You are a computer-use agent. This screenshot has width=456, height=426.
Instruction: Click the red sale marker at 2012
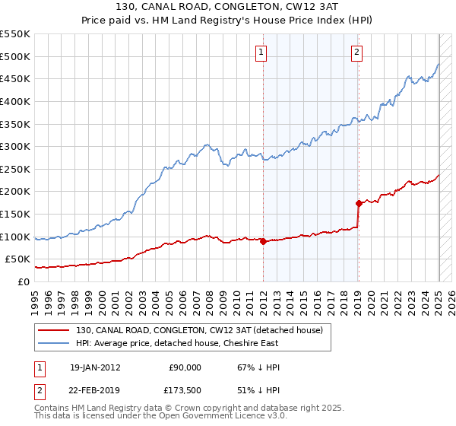(263, 241)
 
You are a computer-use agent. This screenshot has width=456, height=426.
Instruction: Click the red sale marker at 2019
(359, 203)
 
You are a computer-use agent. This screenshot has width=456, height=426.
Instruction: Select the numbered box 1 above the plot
(261, 52)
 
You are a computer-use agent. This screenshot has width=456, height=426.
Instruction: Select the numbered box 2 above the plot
(356, 52)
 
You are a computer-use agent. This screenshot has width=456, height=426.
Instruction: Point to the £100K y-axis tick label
(15, 237)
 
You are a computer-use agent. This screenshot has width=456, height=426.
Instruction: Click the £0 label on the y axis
(24, 281)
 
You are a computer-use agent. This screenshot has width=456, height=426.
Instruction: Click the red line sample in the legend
(54, 330)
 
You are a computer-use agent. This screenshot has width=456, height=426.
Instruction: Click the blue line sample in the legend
(54, 343)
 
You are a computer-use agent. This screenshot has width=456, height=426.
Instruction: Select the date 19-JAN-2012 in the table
(94, 367)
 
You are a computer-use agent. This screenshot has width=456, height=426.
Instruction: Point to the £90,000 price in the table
(185, 367)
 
